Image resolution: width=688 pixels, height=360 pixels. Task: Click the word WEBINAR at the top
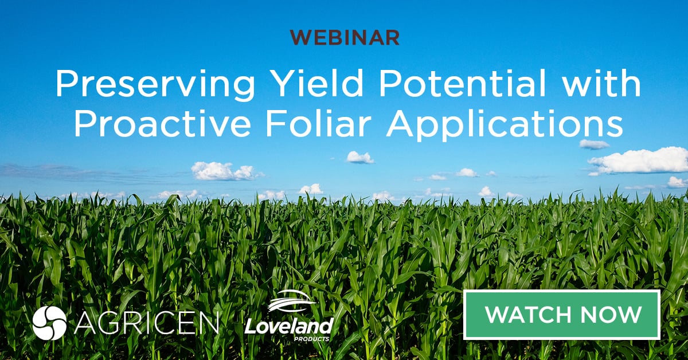(344, 37)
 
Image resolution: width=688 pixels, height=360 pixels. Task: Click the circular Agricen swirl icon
(49, 323)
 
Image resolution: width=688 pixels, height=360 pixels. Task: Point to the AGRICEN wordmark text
(147, 323)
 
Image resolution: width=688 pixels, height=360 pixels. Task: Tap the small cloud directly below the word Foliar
(359, 156)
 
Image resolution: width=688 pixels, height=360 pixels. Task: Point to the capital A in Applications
(400, 125)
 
